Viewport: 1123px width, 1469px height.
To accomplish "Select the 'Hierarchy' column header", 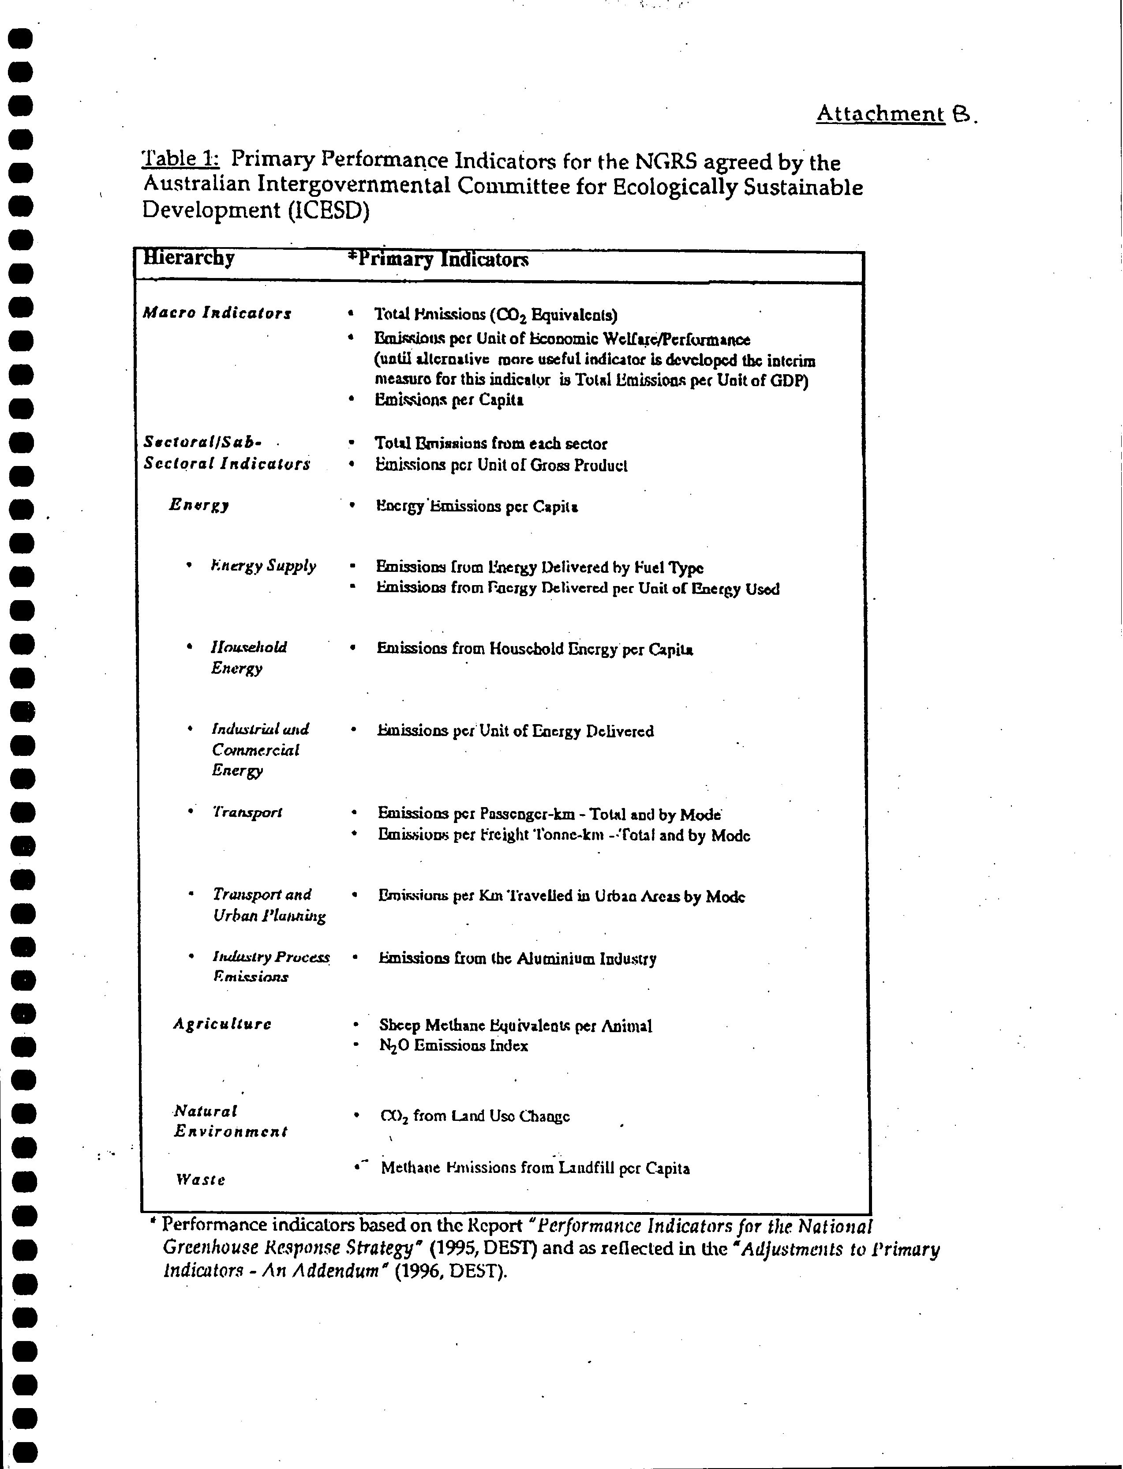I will [x=189, y=258].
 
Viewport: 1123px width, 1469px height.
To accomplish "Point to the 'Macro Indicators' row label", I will [x=217, y=313].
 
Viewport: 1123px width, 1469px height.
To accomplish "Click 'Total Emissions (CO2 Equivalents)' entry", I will [x=495, y=314].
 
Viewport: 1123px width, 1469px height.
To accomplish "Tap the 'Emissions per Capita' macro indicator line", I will [x=449, y=400].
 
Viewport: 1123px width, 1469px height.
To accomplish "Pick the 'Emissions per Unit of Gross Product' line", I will [x=502, y=466].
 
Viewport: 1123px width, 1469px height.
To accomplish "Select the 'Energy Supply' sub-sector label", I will [x=263, y=566].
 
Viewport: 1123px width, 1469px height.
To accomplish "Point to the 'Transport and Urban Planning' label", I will [x=269, y=905].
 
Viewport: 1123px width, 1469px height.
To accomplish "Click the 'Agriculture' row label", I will [x=222, y=1024].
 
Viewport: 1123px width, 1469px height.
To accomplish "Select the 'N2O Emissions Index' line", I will [x=453, y=1046].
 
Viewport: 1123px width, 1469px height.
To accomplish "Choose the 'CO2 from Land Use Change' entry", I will [x=475, y=1116].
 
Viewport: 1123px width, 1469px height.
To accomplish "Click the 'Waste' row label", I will [x=201, y=1180].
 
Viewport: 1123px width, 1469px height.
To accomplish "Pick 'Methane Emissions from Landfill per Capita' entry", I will [x=535, y=1168].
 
